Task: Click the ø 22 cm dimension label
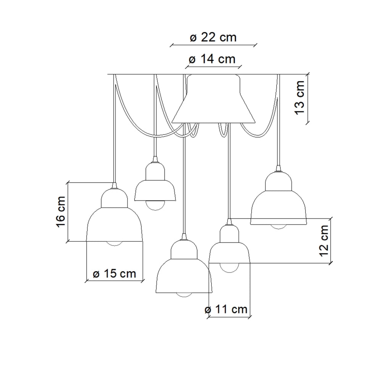click(213, 37)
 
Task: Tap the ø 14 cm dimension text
click(212, 59)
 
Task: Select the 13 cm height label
click(300, 97)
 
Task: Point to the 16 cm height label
click(61, 212)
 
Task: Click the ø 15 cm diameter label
click(115, 273)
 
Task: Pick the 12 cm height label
click(324, 241)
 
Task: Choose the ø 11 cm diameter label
click(226, 309)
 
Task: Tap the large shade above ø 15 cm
click(115, 215)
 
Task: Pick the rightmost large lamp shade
click(278, 198)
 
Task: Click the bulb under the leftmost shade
click(115, 244)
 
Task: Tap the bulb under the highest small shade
click(155, 206)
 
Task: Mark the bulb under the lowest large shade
click(184, 295)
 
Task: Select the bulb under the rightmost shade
click(278, 227)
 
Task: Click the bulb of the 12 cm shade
click(229, 268)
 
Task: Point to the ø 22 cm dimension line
click(213, 45)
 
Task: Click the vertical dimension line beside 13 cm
click(308, 98)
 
